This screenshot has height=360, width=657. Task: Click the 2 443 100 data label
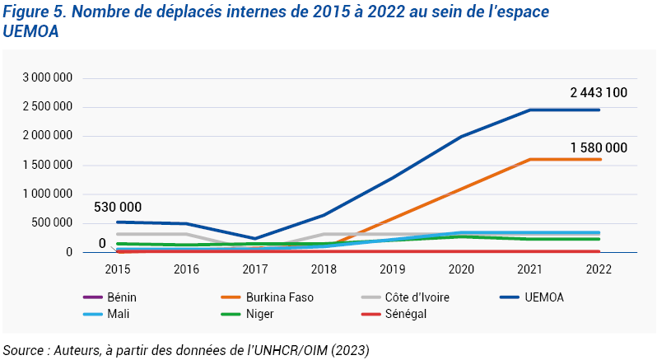tap(599, 93)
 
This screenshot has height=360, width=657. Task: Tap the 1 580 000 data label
tap(599, 147)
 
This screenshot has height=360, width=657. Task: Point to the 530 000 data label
tap(118, 207)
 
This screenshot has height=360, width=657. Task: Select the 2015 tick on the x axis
tap(118, 269)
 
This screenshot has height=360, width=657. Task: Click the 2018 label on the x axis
tap(324, 269)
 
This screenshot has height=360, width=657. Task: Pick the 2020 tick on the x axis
tap(463, 269)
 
